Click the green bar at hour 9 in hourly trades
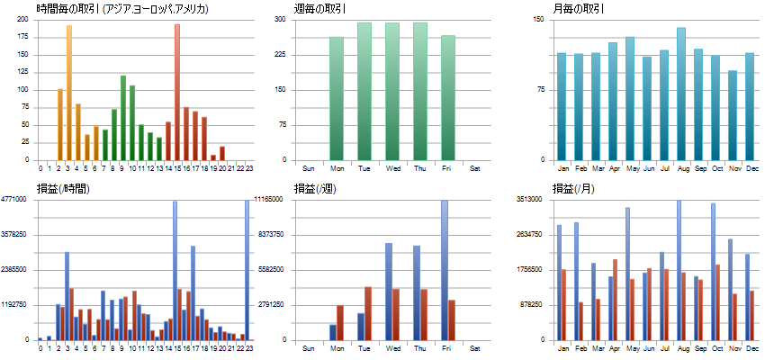click(x=123, y=118)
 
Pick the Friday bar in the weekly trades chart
click(x=448, y=98)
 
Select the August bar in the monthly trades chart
click(x=681, y=94)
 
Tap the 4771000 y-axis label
click(x=18, y=200)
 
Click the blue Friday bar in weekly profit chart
click(x=445, y=270)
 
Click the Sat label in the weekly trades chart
click(x=475, y=168)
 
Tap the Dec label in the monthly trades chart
click(x=750, y=168)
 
